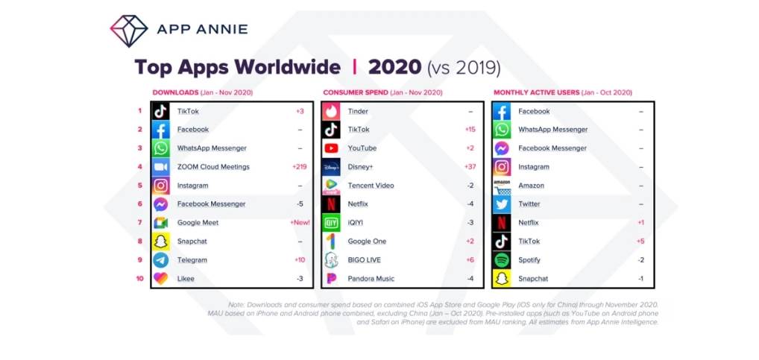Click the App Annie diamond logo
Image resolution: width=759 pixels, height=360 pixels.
(x=129, y=30)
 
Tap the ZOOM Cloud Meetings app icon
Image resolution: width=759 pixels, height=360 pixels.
(x=160, y=167)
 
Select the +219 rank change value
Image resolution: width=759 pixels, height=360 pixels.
(x=300, y=167)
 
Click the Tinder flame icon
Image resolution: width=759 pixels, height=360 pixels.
(x=332, y=111)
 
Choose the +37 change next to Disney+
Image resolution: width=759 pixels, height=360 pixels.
(x=470, y=167)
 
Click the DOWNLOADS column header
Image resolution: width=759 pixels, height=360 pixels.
(x=175, y=92)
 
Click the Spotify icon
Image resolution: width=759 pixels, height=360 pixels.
(x=503, y=260)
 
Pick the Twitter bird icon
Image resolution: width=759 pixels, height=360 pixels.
(x=503, y=204)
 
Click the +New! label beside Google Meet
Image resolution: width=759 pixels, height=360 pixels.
(x=300, y=223)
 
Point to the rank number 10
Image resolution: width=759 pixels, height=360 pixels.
(x=139, y=279)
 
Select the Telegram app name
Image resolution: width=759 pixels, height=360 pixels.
(x=192, y=260)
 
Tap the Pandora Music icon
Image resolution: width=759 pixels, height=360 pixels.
(x=332, y=279)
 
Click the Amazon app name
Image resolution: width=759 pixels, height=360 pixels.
(x=531, y=186)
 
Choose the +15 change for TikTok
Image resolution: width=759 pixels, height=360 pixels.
(x=470, y=130)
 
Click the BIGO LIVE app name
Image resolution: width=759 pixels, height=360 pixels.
(x=365, y=260)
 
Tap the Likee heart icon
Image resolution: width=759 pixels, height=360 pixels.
(x=160, y=279)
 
